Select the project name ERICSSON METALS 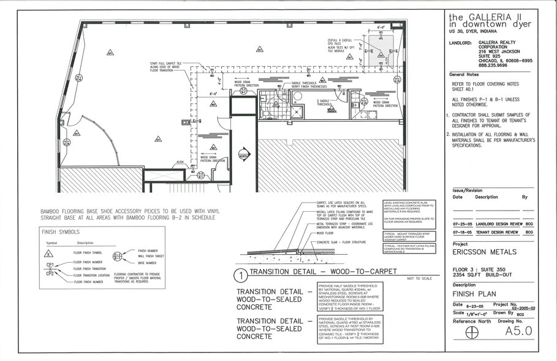pos(482,252)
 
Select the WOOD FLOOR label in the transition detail pos(324,233)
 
